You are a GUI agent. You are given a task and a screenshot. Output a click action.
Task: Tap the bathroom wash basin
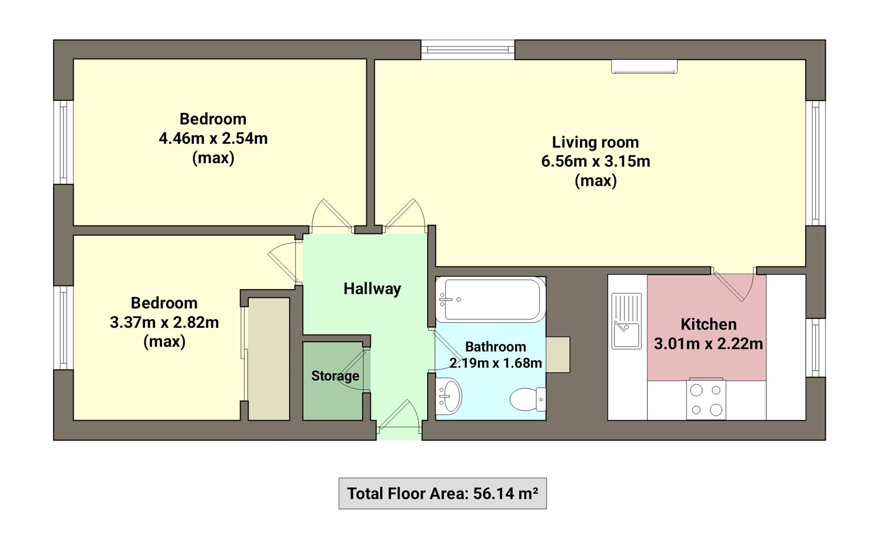coord(449,396)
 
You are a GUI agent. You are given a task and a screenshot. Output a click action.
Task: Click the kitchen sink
coord(626,321)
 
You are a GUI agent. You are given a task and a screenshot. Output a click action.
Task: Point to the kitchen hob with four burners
coord(706,400)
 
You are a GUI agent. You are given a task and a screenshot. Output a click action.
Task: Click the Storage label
coord(335,376)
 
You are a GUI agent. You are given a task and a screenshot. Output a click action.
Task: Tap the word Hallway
coord(372,289)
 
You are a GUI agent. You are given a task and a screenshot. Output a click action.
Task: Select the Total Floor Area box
coord(442,493)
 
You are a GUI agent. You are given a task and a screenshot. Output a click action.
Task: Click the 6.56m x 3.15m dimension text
coord(595,162)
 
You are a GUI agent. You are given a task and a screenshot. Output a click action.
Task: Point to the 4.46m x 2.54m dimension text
coord(213,138)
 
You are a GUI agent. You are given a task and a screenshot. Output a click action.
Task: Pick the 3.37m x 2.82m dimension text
coord(164,322)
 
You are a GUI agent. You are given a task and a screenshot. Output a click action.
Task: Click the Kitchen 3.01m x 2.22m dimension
coord(708,344)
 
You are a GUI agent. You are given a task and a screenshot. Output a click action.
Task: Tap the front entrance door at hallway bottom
coord(400,418)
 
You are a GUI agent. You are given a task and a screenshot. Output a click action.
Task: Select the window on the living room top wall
coord(468,49)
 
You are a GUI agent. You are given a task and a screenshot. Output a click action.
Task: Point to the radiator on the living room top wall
coord(644,67)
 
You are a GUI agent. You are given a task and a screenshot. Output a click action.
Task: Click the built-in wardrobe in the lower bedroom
coord(269,359)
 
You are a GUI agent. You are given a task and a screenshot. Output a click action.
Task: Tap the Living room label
coord(595,142)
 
